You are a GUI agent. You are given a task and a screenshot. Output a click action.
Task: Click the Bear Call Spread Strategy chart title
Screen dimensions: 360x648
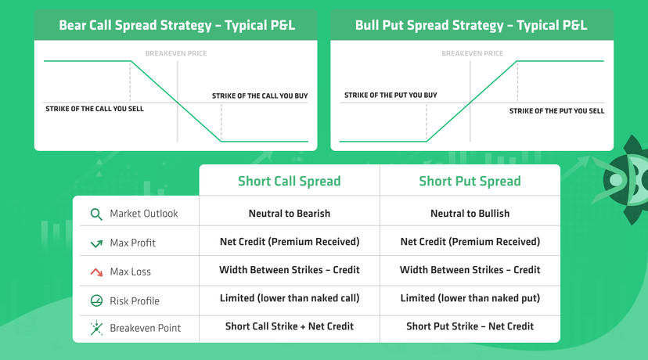pyautogui.click(x=176, y=25)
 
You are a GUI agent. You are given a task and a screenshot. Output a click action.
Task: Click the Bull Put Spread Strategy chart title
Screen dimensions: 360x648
pyautogui.click(x=471, y=25)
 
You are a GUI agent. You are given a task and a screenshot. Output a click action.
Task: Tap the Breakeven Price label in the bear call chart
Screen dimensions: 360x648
pyautogui.click(x=176, y=54)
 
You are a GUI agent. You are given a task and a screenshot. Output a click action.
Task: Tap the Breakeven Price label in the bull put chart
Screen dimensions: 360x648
pyautogui.click(x=473, y=54)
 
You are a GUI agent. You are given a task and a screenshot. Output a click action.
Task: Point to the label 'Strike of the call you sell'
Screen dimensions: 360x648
pyautogui.click(x=95, y=109)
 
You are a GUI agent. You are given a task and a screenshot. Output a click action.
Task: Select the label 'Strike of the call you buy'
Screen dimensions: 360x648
pyautogui.click(x=260, y=96)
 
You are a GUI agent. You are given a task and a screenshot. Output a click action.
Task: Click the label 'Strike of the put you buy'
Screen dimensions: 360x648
pyautogui.click(x=391, y=95)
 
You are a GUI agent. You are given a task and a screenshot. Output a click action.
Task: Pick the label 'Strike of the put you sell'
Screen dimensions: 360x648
pyautogui.click(x=556, y=111)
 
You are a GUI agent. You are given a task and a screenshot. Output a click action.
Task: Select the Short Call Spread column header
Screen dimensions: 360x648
pyautogui.click(x=289, y=182)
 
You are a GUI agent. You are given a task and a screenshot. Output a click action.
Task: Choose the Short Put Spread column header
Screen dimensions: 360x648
pyautogui.click(x=470, y=182)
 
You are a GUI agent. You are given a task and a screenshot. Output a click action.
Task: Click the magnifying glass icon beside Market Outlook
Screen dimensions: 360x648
pyautogui.click(x=96, y=214)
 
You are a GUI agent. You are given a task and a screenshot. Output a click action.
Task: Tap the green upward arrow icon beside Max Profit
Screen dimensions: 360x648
pyautogui.click(x=96, y=243)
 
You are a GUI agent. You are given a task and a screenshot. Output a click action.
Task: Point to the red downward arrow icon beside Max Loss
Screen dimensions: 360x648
pyautogui.click(x=96, y=272)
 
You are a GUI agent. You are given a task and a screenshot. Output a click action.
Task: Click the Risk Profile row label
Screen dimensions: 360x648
pyautogui.click(x=135, y=301)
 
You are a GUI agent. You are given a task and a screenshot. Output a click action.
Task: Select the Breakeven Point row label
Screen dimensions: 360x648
pyautogui.click(x=145, y=328)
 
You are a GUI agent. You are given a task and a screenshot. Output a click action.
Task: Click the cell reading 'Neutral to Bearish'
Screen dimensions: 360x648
pyautogui.click(x=289, y=213)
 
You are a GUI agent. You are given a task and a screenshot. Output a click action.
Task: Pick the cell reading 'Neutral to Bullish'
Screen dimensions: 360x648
pyautogui.click(x=470, y=213)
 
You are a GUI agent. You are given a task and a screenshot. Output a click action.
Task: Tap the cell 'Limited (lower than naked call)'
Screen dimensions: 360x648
pyautogui.click(x=289, y=297)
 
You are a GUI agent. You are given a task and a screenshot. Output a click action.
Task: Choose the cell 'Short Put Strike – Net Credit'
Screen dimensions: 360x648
pyautogui.click(x=470, y=326)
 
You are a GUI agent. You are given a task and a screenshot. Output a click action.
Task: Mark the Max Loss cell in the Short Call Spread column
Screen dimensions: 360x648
pyautogui.click(x=289, y=270)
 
